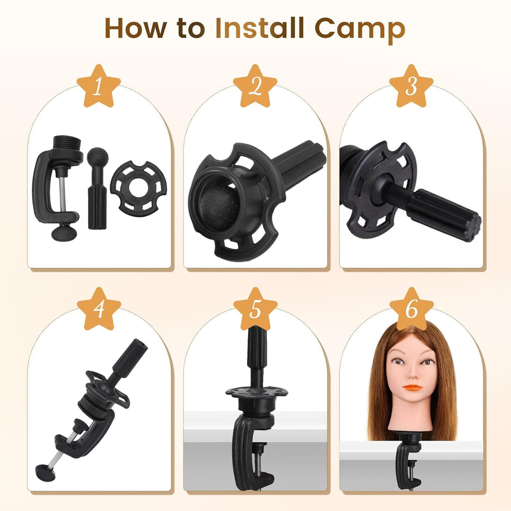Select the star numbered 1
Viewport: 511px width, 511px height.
(x=99, y=86)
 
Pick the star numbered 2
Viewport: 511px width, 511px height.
(x=255, y=86)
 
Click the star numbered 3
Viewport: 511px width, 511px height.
(x=411, y=86)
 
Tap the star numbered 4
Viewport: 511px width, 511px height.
(x=99, y=309)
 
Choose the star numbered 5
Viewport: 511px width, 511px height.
(x=255, y=309)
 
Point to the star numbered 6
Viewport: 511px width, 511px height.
(x=411, y=309)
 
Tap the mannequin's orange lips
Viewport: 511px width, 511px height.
(x=412, y=388)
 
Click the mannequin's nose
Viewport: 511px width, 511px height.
(x=412, y=376)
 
